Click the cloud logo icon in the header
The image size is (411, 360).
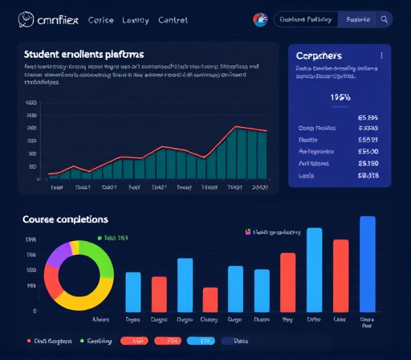click(24, 18)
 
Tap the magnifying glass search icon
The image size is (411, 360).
click(384, 19)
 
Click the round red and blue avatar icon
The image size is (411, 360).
click(259, 19)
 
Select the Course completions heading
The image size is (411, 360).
click(65, 219)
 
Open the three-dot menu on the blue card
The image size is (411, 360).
click(381, 56)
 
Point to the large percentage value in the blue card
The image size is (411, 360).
click(341, 97)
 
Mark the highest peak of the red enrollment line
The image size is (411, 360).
click(234, 127)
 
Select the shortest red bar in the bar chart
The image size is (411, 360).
click(210, 299)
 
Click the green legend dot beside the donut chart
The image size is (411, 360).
click(97, 239)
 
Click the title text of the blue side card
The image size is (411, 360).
click(319, 56)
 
